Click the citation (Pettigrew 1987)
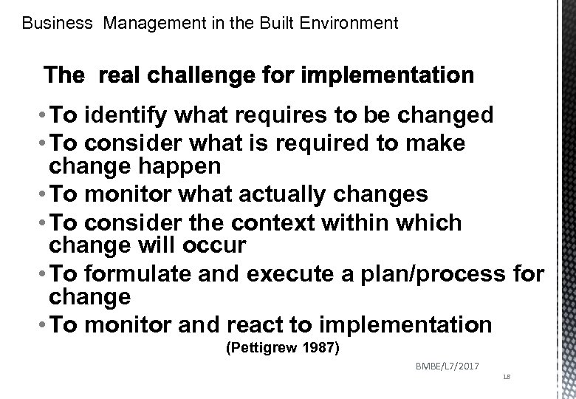(x=281, y=347)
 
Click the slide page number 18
(x=505, y=377)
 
